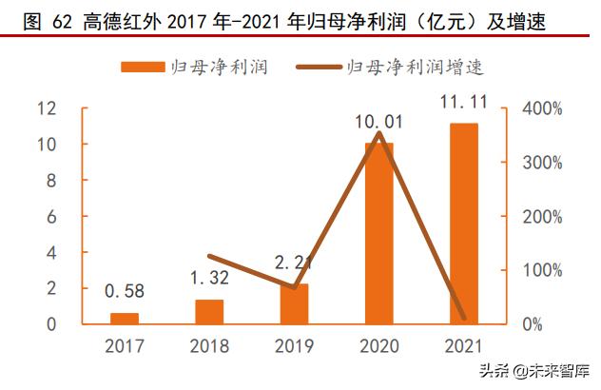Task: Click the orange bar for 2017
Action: [x=124, y=319]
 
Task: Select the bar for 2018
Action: [x=209, y=312]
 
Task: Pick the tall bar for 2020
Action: [x=378, y=233]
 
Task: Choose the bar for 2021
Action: [x=464, y=224]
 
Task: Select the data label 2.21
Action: [x=294, y=262]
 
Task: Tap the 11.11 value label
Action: [x=464, y=102]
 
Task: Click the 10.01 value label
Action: [x=378, y=122]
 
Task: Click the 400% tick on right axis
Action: [x=543, y=108]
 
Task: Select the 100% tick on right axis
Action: [x=543, y=270]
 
